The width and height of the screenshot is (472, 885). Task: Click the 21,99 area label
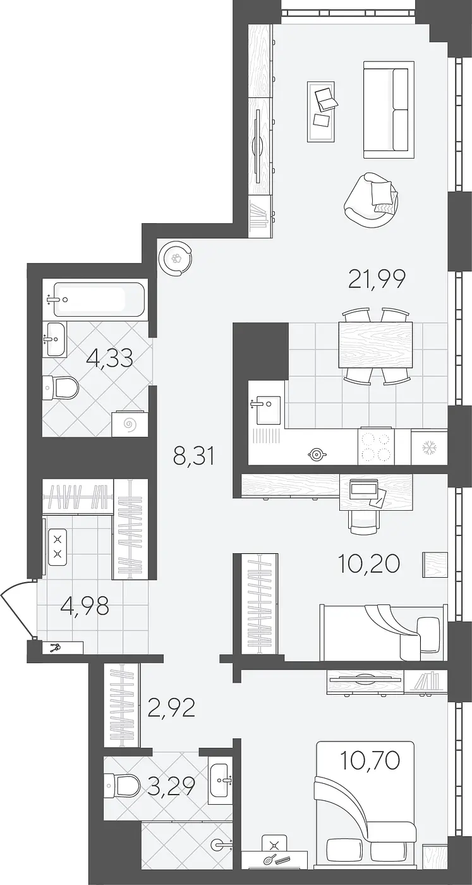point(377,280)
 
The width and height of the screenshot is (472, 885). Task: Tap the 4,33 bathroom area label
point(109,359)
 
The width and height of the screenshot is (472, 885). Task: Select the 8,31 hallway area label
point(193,456)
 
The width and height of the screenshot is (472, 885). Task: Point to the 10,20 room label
point(369,563)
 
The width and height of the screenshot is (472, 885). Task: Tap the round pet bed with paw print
point(176,259)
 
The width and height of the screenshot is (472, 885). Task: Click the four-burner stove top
point(376,446)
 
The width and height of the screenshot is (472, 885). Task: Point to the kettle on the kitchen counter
point(317,455)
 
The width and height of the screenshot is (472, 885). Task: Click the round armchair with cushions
point(372,200)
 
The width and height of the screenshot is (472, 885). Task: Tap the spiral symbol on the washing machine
point(129,425)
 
